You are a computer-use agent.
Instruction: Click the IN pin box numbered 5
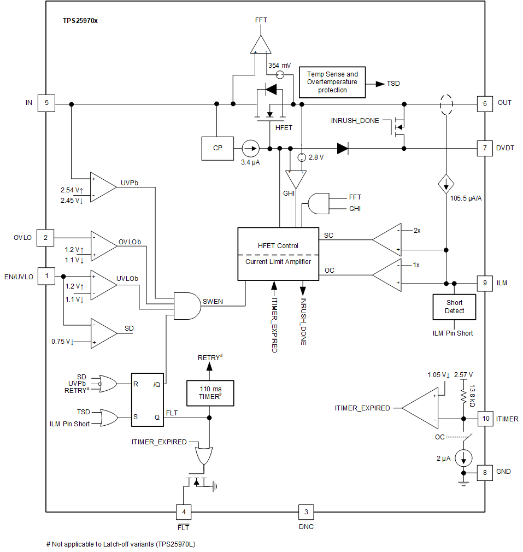pos(46,103)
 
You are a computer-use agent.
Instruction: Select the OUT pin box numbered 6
pos(485,103)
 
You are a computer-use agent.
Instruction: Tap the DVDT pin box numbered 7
pos(485,148)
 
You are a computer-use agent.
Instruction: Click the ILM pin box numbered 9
pos(485,283)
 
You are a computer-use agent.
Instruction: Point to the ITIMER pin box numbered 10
pos(485,419)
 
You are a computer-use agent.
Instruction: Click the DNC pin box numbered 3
pos(306,512)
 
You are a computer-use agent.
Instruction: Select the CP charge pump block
pos(218,148)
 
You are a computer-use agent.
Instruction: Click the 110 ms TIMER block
pos(210,393)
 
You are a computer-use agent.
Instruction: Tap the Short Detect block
pos(454,307)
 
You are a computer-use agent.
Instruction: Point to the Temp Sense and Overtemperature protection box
pos(332,82)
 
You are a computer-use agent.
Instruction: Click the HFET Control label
pos(278,246)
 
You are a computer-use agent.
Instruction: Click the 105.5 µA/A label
pos(466,199)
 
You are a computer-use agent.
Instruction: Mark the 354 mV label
pos(279,64)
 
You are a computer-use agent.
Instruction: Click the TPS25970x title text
pos(80,20)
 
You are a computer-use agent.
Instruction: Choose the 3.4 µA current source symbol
pos(250,148)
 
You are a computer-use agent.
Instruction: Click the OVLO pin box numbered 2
pos(45,238)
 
